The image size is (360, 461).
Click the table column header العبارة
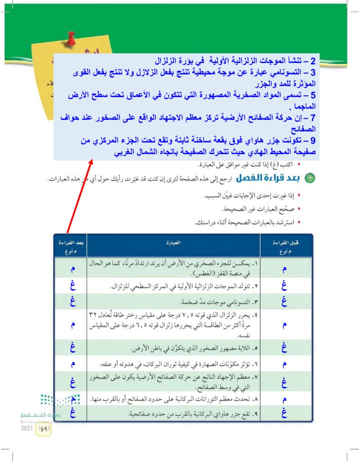pos(174,243)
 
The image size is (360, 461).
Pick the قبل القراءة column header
pos(283,246)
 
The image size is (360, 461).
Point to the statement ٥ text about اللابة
pos(193,349)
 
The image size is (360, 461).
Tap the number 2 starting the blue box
pos(314,61)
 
